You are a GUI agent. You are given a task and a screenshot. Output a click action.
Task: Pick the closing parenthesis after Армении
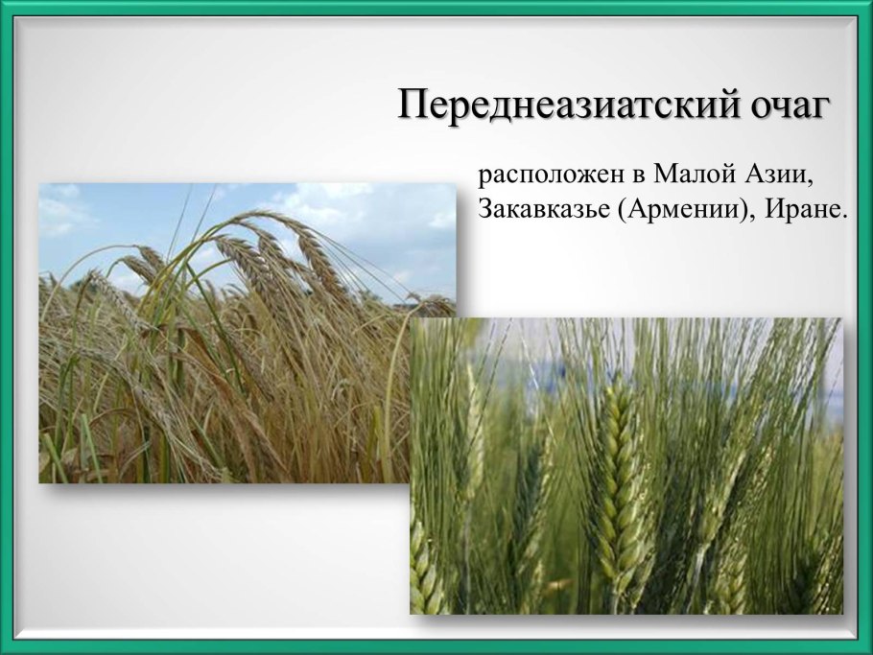click(x=745, y=211)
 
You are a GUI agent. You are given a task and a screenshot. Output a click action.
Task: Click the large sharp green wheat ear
click(x=620, y=480)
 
